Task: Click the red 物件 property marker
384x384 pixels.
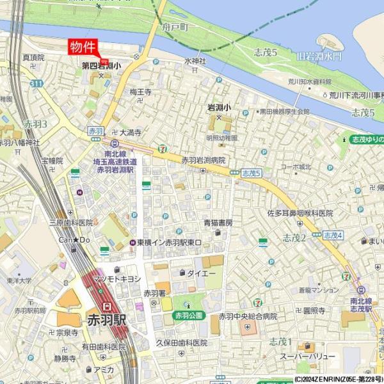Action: (x=84, y=47)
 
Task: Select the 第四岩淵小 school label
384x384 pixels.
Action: (x=101, y=65)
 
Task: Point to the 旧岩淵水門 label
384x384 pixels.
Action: (x=319, y=56)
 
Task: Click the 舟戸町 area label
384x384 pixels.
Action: (x=175, y=28)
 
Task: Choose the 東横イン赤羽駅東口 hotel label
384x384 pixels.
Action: (x=169, y=243)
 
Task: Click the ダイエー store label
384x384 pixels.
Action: (x=201, y=273)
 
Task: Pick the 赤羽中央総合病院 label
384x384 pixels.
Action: (x=248, y=316)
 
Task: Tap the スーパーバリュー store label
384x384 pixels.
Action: (x=308, y=356)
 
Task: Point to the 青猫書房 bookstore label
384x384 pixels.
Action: (x=218, y=223)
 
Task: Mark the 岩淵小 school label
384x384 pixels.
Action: (x=220, y=108)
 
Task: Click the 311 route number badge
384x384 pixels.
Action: (x=36, y=83)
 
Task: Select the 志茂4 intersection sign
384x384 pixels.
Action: (x=333, y=236)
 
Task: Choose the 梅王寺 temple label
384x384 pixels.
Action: (x=140, y=92)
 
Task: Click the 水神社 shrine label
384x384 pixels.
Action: (x=195, y=61)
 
